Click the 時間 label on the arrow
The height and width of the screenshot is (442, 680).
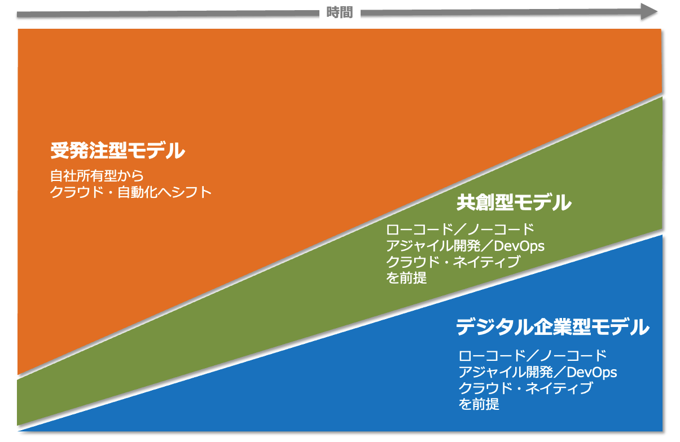[x=339, y=13]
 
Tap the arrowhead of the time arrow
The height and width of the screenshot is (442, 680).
[x=649, y=12]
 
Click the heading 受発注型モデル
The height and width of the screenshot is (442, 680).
[x=117, y=151]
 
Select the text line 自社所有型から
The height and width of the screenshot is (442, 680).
[x=97, y=176]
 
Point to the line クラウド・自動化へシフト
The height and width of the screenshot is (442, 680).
[x=131, y=192]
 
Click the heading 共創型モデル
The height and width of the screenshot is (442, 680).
[x=514, y=202]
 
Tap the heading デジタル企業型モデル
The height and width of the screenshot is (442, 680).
[x=552, y=327]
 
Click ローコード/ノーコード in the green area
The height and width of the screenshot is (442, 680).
[x=460, y=229]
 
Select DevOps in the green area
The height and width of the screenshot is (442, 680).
[x=519, y=246]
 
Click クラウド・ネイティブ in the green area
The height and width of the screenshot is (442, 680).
[x=453, y=262]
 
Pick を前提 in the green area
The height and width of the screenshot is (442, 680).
[x=406, y=278]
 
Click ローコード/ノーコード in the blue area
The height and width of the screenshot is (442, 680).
[x=533, y=356]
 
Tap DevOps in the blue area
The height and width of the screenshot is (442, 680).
[x=591, y=373]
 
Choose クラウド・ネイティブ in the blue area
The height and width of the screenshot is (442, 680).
[x=526, y=388]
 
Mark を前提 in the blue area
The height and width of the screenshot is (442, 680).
[x=479, y=404]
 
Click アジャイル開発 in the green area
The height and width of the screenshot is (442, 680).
[x=433, y=246]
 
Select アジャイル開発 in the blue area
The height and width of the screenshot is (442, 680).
[x=506, y=372]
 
